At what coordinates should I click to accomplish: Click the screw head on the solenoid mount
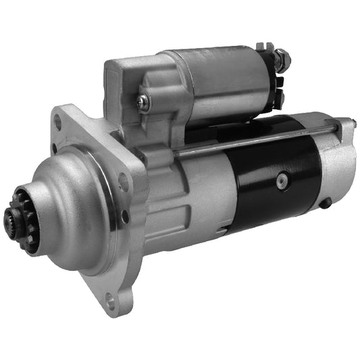pyautogui.click(x=143, y=101)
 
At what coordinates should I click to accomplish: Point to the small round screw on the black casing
pyautogui.click(x=282, y=180)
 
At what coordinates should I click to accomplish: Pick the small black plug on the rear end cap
pyautogui.click(x=326, y=203)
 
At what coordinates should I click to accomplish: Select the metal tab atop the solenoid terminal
pyautogui.click(x=265, y=46)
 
